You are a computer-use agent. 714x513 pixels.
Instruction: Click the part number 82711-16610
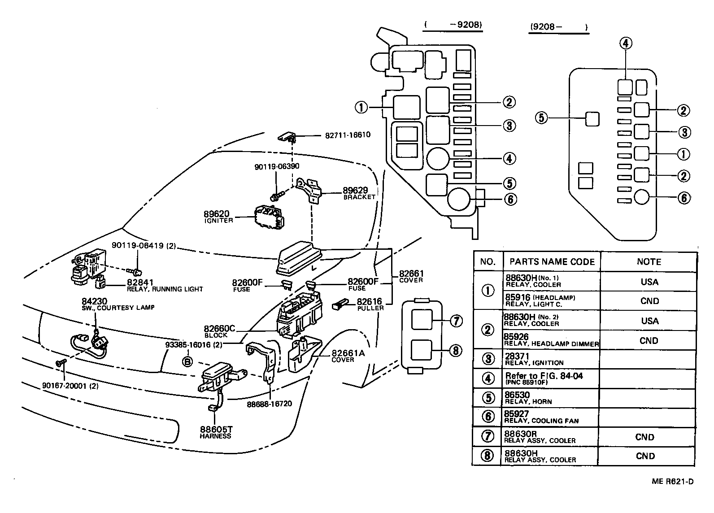tap(348, 135)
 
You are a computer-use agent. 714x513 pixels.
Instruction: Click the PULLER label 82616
tap(370, 304)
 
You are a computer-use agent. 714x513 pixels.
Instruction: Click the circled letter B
tap(187, 361)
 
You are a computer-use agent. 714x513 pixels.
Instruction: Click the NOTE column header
tap(649, 261)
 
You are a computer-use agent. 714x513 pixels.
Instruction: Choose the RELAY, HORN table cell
tap(528, 398)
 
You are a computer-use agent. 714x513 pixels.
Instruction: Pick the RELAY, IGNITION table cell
tap(534, 359)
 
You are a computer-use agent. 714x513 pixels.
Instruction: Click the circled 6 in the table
tap(488, 417)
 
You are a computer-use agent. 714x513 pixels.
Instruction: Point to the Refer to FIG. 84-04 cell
tap(544, 378)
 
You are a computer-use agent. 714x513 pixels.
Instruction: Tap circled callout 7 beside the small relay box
tap(456, 321)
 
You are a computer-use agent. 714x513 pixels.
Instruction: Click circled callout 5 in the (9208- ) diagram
tap(542, 118)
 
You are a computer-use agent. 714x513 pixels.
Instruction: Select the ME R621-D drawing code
tap(673, 482)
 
